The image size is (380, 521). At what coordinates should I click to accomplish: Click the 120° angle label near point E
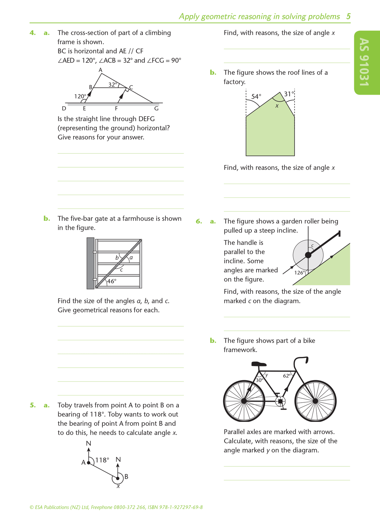[80, 96]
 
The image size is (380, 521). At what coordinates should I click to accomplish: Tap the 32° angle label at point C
[112, 85]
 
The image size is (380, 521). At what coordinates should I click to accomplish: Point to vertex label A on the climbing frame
[101, 70]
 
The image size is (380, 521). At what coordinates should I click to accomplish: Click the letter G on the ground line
[156, 109]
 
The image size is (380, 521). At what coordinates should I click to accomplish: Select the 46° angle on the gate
[112, 281]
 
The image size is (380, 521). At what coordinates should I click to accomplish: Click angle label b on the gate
[117, 258]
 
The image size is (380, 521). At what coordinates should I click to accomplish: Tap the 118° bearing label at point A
[102, 460]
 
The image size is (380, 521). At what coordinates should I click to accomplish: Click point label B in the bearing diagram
[126, 477]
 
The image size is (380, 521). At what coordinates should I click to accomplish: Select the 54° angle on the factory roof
[256, 96]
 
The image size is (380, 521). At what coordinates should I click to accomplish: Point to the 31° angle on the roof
[289, 94]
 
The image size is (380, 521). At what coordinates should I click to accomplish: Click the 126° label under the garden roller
[300, 273]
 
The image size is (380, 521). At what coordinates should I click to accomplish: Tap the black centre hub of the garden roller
[308, 255]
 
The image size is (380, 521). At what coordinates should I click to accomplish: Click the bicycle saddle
[259, 364]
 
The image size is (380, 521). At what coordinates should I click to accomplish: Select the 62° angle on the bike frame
[287, 376]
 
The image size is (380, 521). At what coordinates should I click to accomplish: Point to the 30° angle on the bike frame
[259, 380]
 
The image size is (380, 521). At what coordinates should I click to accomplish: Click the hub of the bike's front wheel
[315, 401]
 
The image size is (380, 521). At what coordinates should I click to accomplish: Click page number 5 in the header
[348, 16]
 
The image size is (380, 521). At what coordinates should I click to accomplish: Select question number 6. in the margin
[199, 221]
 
